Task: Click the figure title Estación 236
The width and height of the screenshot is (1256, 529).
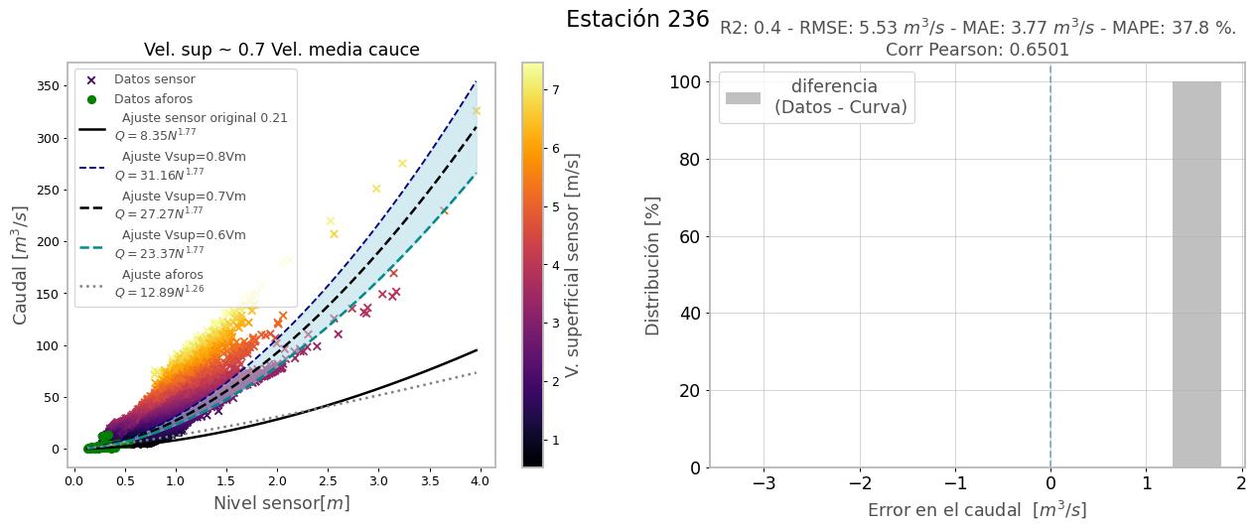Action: (x=637, y=19)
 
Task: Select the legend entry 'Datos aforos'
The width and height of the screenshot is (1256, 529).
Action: (x=153, y=99)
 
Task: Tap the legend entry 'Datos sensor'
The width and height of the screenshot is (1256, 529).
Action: (x=154, y=79)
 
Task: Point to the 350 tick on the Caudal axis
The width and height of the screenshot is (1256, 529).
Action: (x=47, y=86)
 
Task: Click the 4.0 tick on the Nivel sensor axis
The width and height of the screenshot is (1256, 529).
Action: (x=480, y=481)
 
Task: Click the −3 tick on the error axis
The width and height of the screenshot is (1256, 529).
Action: (x=764, y=483)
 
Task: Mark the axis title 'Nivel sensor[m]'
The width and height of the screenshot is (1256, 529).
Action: (x=281, y=503)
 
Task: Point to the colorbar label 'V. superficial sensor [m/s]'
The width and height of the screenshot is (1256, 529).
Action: (x=572, y=265)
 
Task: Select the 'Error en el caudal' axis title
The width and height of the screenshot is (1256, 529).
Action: (x=977, y=510)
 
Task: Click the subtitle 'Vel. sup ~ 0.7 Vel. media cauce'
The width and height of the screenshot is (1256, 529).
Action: (x=281, y=50)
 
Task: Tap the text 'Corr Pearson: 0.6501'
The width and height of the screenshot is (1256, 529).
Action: (x=977, y=50)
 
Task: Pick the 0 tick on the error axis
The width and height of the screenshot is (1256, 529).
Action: (x=1050, y=483)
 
